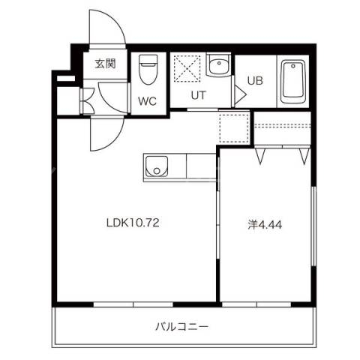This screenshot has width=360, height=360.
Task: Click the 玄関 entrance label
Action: [x=105, y=64]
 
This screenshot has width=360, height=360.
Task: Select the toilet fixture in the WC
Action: [x=148, y=71]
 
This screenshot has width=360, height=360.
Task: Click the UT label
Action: [x=197, y=95]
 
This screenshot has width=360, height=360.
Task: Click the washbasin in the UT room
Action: [x=218, y=67]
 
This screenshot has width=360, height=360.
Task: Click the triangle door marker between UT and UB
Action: [x=239, y=94]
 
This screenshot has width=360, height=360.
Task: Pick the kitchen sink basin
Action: [x=156, y=166]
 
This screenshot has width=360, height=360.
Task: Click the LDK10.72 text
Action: [x=134, y=223]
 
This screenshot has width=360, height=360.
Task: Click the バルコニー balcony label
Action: [x=181, y=326]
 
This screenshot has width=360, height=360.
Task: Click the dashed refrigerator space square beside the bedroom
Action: [x=233, y=127]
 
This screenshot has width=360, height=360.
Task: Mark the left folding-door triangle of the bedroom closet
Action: [x=262, y=156]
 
